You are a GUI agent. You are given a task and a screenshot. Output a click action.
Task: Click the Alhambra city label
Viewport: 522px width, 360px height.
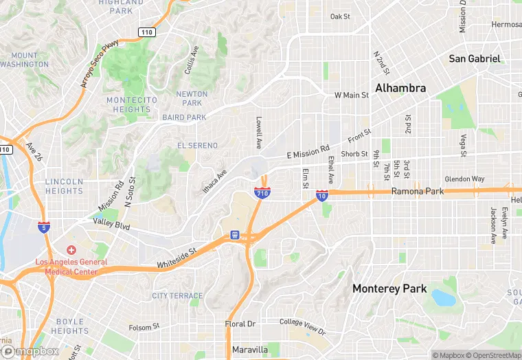[x=400, y=88]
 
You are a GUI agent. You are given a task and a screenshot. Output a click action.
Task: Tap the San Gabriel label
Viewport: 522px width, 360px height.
[x=475, y=58]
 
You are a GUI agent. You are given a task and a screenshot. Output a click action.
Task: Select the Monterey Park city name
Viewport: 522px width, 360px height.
[x=389, y=289]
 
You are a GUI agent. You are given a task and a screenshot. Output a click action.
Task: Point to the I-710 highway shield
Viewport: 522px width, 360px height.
[x=262, y=193]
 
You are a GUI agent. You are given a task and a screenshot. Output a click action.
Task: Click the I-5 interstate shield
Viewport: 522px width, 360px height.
[x=44, y=227]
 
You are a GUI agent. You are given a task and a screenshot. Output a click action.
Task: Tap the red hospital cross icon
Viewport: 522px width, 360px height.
[x=71, y=250]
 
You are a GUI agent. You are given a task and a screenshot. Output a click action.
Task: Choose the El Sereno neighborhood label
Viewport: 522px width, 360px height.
[x=197, y=146]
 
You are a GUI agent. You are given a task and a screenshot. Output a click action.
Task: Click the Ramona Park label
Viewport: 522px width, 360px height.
[x=418, y=192]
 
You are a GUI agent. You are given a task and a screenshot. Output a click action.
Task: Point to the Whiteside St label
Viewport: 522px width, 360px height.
[x=177, y=258]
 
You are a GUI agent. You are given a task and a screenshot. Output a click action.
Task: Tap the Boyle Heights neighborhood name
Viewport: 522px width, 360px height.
[x=69, y=326]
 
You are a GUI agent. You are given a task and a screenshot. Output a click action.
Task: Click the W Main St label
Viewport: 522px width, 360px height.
[x=352, y=95]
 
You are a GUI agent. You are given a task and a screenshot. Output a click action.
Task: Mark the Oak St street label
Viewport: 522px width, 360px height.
[x=340, y=16]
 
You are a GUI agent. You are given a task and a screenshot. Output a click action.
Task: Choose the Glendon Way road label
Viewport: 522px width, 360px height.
[x=464, y=179]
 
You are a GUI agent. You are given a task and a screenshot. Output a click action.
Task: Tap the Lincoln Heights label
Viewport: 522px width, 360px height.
[x=64, y=185]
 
